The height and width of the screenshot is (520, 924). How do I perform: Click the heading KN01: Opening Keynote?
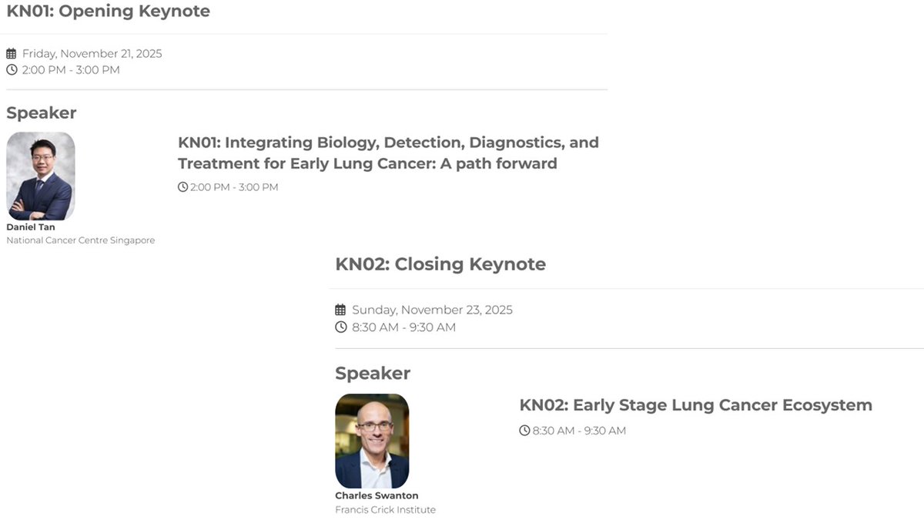tap(108, 12)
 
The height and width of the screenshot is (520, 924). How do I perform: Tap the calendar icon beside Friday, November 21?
tap(11, 54)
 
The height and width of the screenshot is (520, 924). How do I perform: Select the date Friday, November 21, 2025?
tap(92, 54)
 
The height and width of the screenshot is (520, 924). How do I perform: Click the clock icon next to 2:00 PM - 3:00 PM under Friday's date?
tap(11, 70)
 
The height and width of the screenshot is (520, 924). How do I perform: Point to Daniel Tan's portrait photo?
tap(41, 176)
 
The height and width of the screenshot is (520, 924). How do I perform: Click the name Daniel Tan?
tap(31, 227)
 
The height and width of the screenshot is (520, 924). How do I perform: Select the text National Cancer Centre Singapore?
tap(81, 240)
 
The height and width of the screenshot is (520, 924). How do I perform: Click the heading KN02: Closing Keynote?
tap(440, 264)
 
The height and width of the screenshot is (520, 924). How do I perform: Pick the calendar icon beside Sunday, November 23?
tap(340, 310)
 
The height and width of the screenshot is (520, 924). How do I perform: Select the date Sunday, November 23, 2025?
tap(432, 310)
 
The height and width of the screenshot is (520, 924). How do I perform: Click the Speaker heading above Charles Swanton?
tap(373, 374)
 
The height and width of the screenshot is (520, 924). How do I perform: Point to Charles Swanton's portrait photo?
tap(372, 441)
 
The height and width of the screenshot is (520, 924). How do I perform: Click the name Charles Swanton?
tap(377, 495)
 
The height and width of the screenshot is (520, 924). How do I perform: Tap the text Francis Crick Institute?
tap(385, 509)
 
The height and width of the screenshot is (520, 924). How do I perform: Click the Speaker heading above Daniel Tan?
tap(42, 113)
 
